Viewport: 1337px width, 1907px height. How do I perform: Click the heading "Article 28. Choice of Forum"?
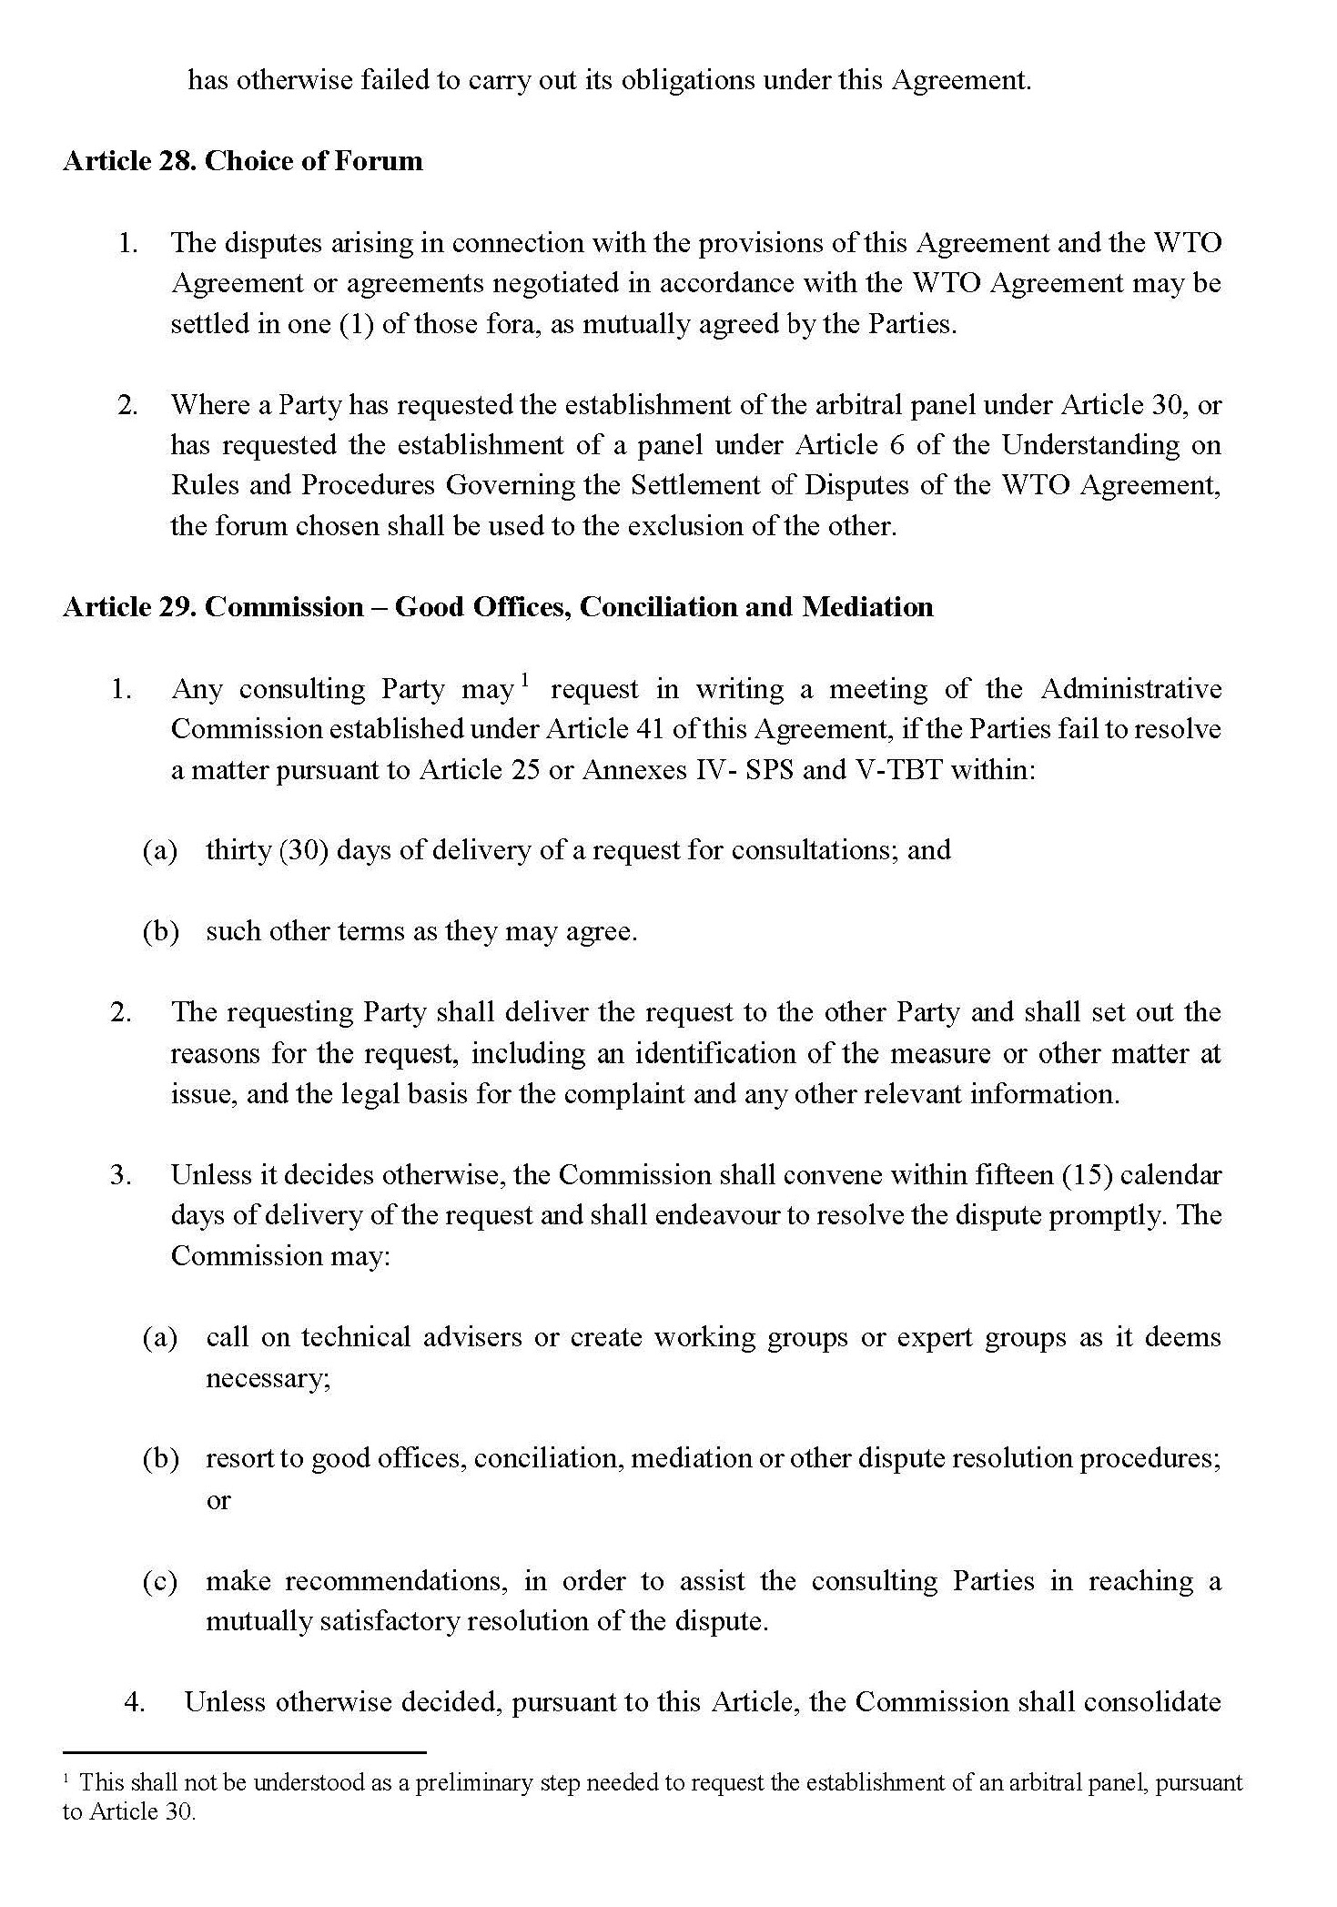(x=243, y=161)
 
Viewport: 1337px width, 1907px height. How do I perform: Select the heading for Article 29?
(x=498, y=607)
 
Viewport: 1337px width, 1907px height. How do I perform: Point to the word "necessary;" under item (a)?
(x=268, y=1378)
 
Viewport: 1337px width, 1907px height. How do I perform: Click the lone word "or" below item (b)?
(x=218, y=1499)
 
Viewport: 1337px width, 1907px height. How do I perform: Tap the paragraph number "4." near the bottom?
(x=135, y=1702)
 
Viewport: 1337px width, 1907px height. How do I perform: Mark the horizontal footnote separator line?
(x=244, y=1751)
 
